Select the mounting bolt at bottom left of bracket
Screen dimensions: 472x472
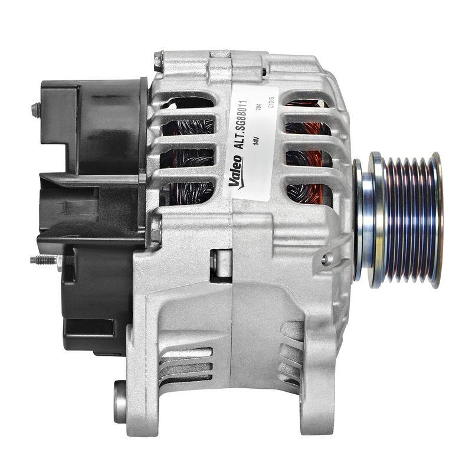pos(120,402)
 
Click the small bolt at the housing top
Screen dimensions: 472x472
pos(158,60)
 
